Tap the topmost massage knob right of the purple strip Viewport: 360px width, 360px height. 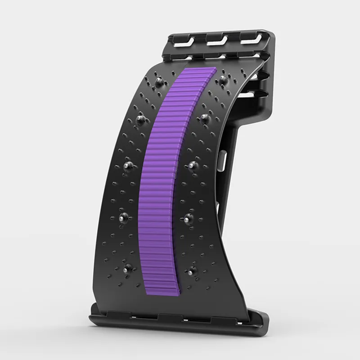(223, 80)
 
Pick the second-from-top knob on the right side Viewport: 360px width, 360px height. (205, 118)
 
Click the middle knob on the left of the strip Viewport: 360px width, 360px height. (128, 166)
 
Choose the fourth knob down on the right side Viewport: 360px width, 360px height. (186, 219)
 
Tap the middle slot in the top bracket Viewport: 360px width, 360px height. (216, 39)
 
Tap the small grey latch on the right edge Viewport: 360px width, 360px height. (222, 162)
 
